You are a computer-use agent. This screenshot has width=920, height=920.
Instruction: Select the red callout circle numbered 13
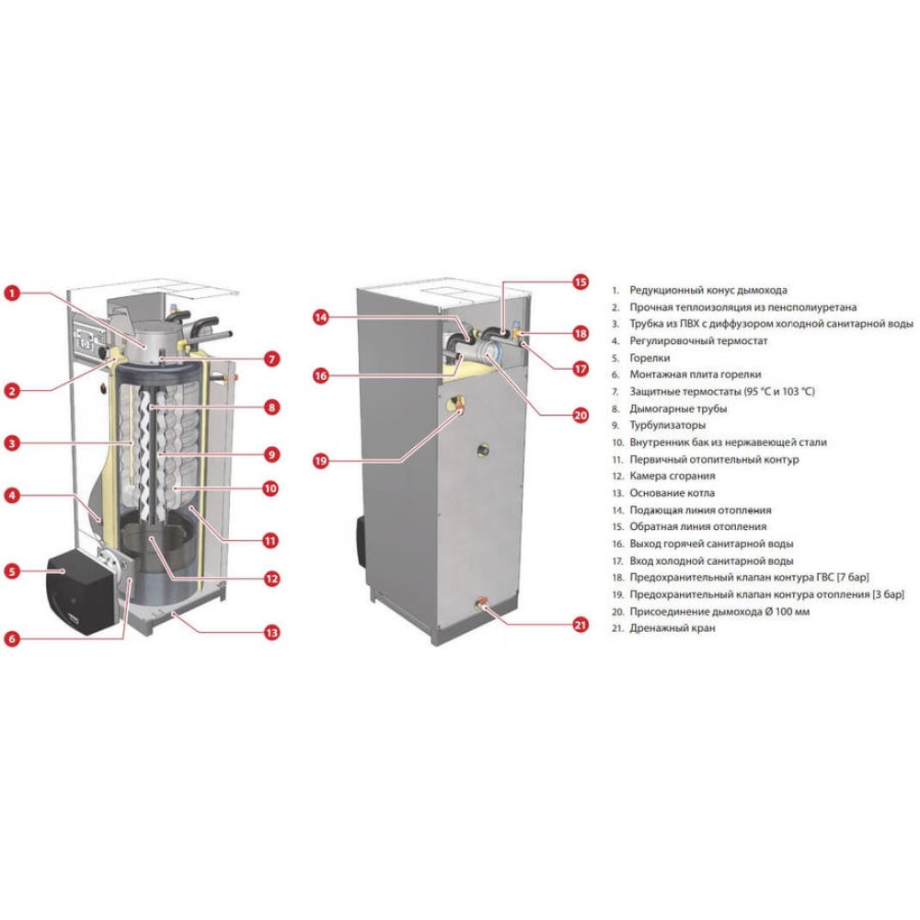click(270, 633)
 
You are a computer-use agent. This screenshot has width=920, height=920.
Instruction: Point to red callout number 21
click(580, 626)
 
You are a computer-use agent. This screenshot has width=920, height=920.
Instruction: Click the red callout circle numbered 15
click(580, 282)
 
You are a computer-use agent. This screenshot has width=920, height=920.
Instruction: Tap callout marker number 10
click(270, 489)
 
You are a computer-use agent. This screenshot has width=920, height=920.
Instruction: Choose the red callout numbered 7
click(270, 359)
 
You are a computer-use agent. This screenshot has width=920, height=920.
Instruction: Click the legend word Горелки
click(650, 358)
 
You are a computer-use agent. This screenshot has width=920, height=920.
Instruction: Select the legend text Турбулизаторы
click(668, 426)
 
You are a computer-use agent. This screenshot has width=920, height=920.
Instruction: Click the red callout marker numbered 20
click(580, 415)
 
